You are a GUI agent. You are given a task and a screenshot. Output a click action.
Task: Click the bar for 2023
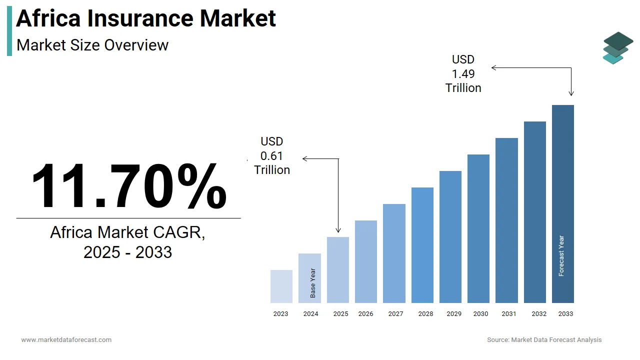point(281,286)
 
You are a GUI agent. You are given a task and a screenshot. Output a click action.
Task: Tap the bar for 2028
point(422,245)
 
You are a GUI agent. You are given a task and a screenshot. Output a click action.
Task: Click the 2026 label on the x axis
point(365,314)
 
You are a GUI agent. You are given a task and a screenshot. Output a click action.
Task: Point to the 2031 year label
point(509,314)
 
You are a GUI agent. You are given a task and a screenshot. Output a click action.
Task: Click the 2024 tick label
point(310,314)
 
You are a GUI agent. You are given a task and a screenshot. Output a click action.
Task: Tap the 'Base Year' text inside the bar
point(313,283)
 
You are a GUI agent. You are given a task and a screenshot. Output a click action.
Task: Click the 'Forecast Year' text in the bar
point(561,256)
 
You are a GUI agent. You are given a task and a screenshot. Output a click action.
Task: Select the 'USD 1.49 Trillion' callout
point(463,73)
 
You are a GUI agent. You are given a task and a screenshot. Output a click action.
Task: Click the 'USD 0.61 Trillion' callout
point(272,156)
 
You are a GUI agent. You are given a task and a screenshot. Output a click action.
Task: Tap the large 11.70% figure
point(129,186)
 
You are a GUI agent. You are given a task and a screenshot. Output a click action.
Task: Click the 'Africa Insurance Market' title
point(146,18)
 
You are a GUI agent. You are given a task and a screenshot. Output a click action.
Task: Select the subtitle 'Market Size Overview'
point(92,45)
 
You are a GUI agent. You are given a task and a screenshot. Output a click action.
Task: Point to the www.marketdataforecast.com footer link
point(66,340)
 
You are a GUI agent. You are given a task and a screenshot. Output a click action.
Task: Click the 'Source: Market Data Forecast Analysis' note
point(544,340)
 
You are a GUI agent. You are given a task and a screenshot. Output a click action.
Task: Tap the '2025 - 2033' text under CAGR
point(127,252)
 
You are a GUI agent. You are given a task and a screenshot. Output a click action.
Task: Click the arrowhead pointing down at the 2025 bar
point(338,230)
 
